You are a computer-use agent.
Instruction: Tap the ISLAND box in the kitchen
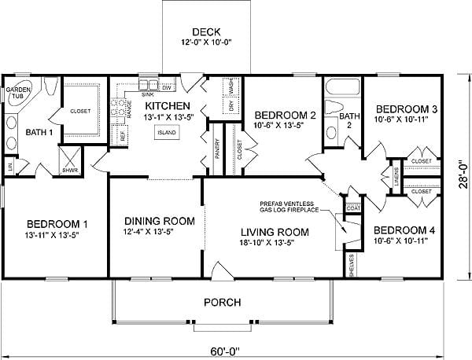pyautogui.click(x=166, y=133)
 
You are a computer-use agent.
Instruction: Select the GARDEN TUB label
pyautogui.click(x=19, y=94)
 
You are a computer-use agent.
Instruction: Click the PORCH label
pyautogui.click(x=223, y=303)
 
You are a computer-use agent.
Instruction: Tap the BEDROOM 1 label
pyautogui.click(x=51, y=223)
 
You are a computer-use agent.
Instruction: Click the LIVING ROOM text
pyautogui.click(x=275, y=232)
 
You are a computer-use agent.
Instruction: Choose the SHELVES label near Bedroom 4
pyautogui.click(x=352, y=264)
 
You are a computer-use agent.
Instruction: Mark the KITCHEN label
pyautogui.click(x=166, y=105)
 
